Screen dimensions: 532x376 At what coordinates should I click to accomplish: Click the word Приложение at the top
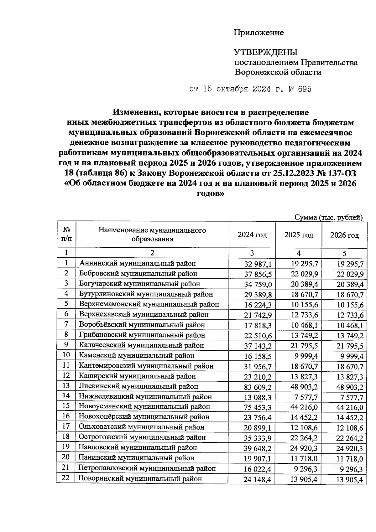tap(259, 33)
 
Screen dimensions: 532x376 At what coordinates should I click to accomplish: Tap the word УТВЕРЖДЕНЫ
tap(266, 52)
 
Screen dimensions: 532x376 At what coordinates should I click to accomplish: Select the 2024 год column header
tap(252, 235)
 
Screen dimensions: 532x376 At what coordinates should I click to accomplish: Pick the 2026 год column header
tap(344, 235)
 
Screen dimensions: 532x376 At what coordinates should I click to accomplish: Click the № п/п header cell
tap(66, 235)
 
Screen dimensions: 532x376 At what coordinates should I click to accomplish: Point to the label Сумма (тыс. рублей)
tap(329, 217)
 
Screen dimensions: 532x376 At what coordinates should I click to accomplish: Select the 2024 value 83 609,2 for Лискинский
tap(258, 387)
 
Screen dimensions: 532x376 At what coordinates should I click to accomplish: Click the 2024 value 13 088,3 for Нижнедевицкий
tap(258, 397)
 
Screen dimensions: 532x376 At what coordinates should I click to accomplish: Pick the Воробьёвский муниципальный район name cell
tap(142, 325)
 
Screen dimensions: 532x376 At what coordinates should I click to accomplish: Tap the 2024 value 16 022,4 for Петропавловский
tap(258, 469)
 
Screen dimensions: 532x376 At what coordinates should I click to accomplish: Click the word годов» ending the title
tap(210, 194)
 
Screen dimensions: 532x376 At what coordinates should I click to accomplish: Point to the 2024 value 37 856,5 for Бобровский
tap(258, 274)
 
